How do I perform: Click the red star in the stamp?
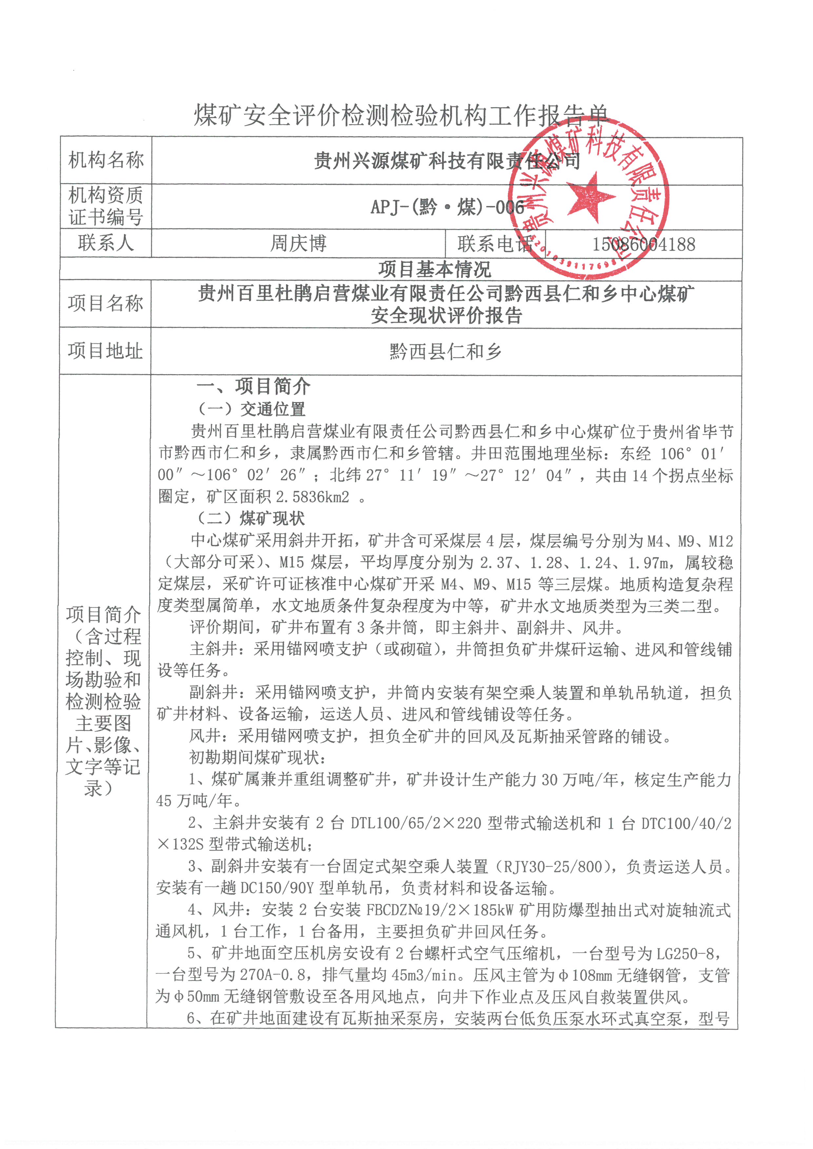tap(591, 196)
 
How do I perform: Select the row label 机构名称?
tap(106, 160)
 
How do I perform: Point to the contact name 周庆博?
tap(298, 244)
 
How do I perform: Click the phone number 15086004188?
tap(644, 244)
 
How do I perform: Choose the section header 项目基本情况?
tap(435, 269)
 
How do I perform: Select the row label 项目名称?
tap(105, 303)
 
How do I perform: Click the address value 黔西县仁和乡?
tap(446, 352)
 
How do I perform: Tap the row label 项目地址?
tap(105, 351)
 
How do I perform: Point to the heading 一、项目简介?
tap(253, 386)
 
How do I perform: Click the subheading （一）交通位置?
tap(251, 409)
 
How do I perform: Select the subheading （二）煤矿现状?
tap(251, 518)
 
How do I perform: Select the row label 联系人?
tap(106, 243)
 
